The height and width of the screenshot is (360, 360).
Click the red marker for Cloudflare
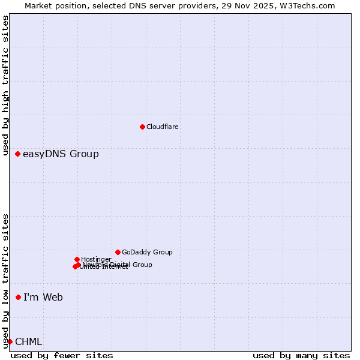click(142, 127)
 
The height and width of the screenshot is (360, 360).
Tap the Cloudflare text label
click(163, 127)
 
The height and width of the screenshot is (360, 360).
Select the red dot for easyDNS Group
click(18, 154)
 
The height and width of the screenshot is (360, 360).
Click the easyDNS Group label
click(61, 154)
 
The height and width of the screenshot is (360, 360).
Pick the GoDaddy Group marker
click(118, 252)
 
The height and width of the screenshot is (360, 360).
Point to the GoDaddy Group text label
click(147, 252)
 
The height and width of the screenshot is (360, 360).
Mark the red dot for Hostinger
click(77, 259)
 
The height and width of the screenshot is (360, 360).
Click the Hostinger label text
click(96, 259)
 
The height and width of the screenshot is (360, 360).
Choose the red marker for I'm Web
click(19, 297)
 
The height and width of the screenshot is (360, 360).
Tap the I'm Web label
click(43, 297)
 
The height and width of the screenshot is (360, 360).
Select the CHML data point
click(10, 341)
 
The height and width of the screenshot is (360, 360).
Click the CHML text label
click(29, 341)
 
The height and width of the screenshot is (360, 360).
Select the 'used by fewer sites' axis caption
click(62, 355)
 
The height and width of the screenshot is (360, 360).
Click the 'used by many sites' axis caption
click(301, 355)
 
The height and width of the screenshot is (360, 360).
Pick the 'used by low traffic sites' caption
click(6, 280)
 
